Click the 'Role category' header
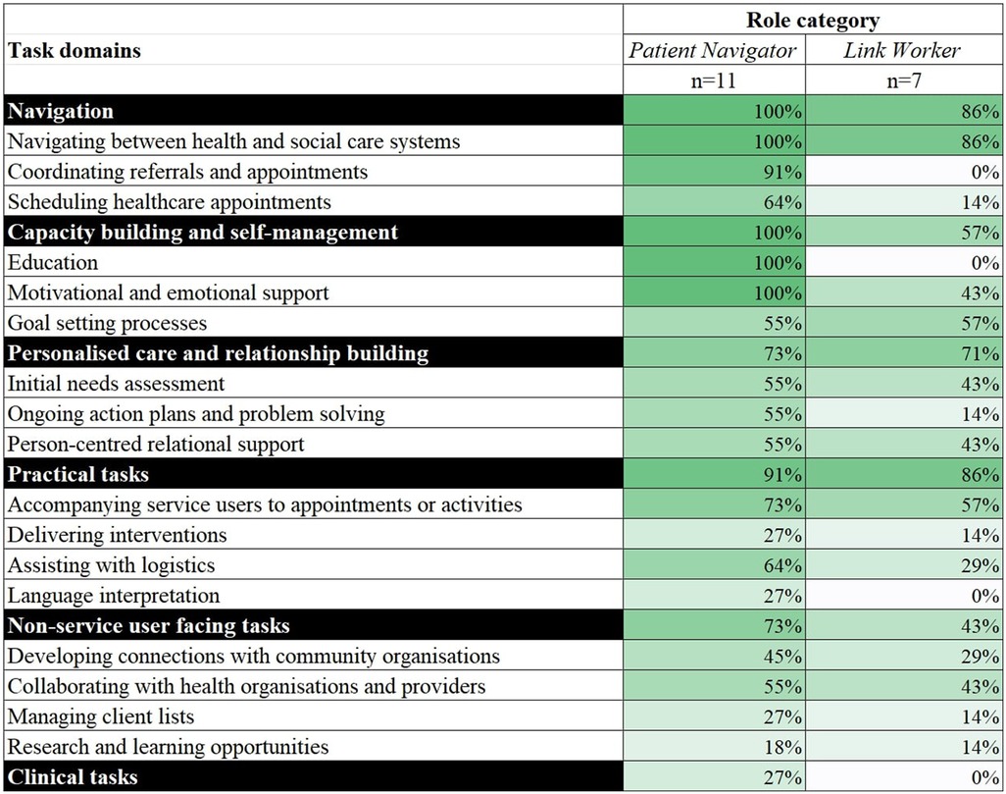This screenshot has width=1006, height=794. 813,20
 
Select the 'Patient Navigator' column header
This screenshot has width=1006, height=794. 714,50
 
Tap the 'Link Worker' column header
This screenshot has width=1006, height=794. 903,50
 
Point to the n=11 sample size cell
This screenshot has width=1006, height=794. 714,80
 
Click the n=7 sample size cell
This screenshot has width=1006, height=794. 903,80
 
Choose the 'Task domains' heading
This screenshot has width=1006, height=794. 75,50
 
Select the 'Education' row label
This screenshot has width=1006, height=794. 53,263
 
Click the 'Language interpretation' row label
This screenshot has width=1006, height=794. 114,596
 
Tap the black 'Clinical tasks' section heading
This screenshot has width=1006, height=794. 73,777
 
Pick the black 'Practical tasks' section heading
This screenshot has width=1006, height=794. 78,474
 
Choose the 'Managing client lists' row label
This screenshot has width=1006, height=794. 101,716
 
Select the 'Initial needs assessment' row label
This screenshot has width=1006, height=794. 117,384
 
